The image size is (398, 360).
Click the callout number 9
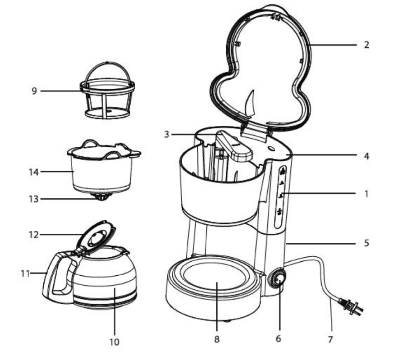coord(34,91)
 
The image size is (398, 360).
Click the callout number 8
coord(217,339)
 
